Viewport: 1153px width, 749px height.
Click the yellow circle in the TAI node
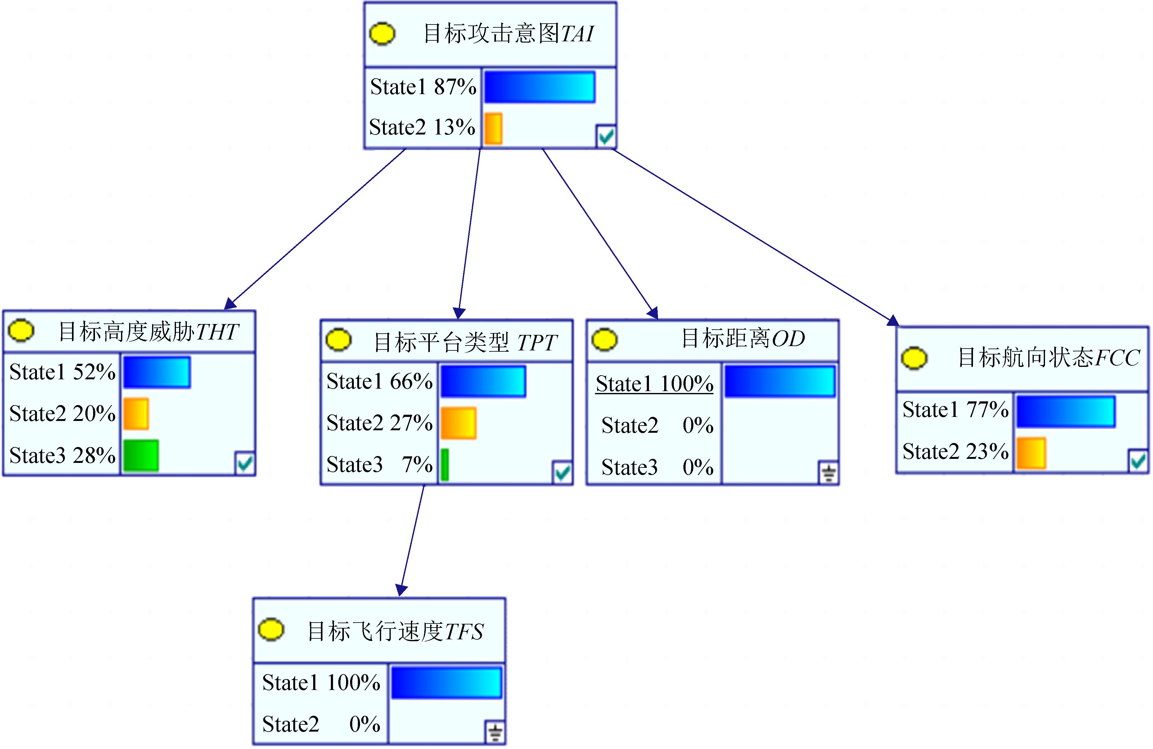[x=382, y=34]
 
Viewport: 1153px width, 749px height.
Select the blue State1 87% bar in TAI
[x=539, y=87]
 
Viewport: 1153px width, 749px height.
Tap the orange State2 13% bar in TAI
[x=493, y=129]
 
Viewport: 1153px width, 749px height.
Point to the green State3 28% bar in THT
[x=141, y=455]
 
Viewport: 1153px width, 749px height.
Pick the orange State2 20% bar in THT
[x=136, y=413]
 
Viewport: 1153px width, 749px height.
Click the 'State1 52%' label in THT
[x=62, y=372]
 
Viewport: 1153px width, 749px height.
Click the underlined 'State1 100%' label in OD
[x=654, y=384]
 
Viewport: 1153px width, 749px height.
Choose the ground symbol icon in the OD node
[x=828, y=473]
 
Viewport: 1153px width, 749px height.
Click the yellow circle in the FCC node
[x=914, y=358]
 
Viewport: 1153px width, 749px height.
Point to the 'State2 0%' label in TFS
[x=321, y=724]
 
